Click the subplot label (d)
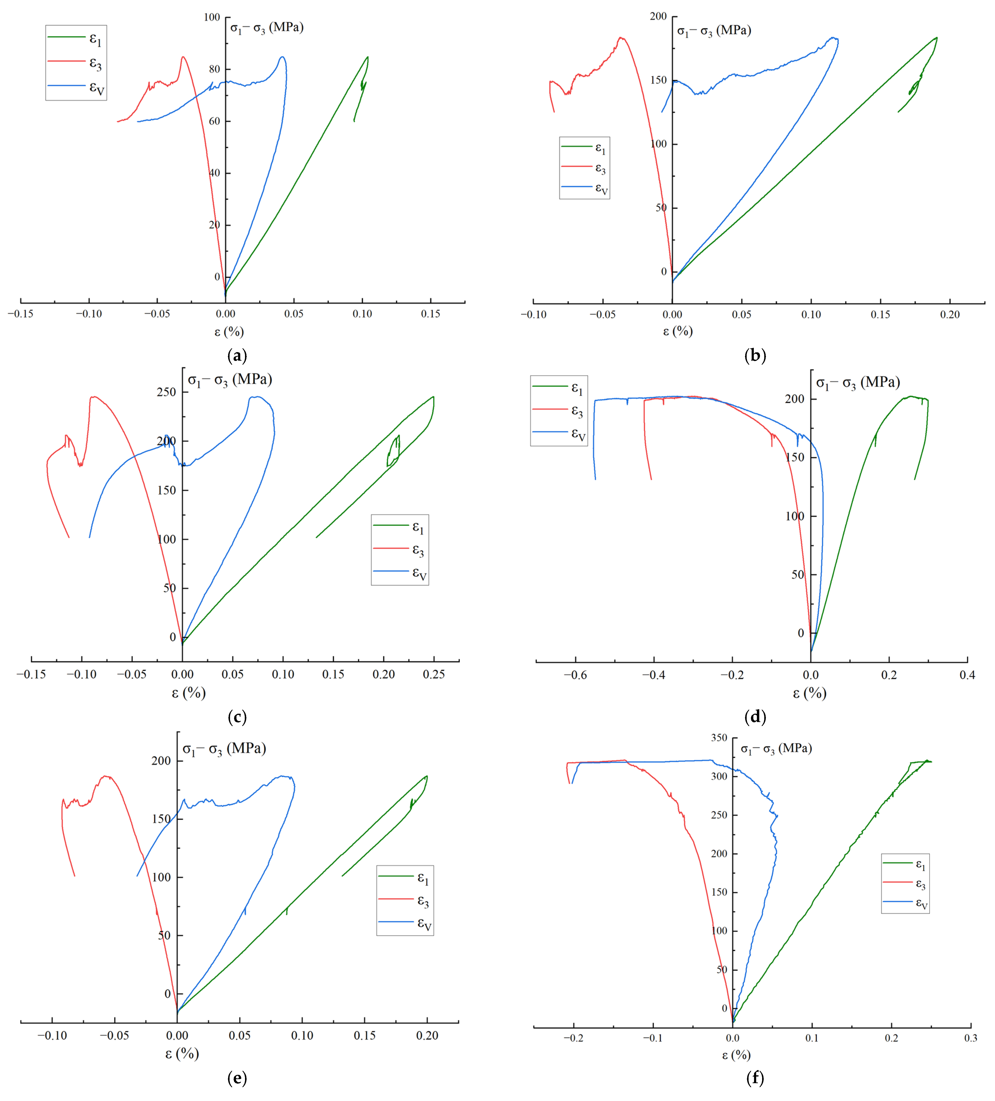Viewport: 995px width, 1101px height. click(x=755, y=717)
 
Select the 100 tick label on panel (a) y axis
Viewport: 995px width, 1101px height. click(x=212, y=18)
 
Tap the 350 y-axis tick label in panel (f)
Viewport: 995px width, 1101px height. click(x=719, y=738)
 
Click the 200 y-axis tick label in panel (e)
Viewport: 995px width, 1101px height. click(x=161, y=761)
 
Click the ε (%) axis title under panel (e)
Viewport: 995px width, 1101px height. click(x=182, y=1053)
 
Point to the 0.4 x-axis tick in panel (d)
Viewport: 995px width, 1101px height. click(x=967, y=675)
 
